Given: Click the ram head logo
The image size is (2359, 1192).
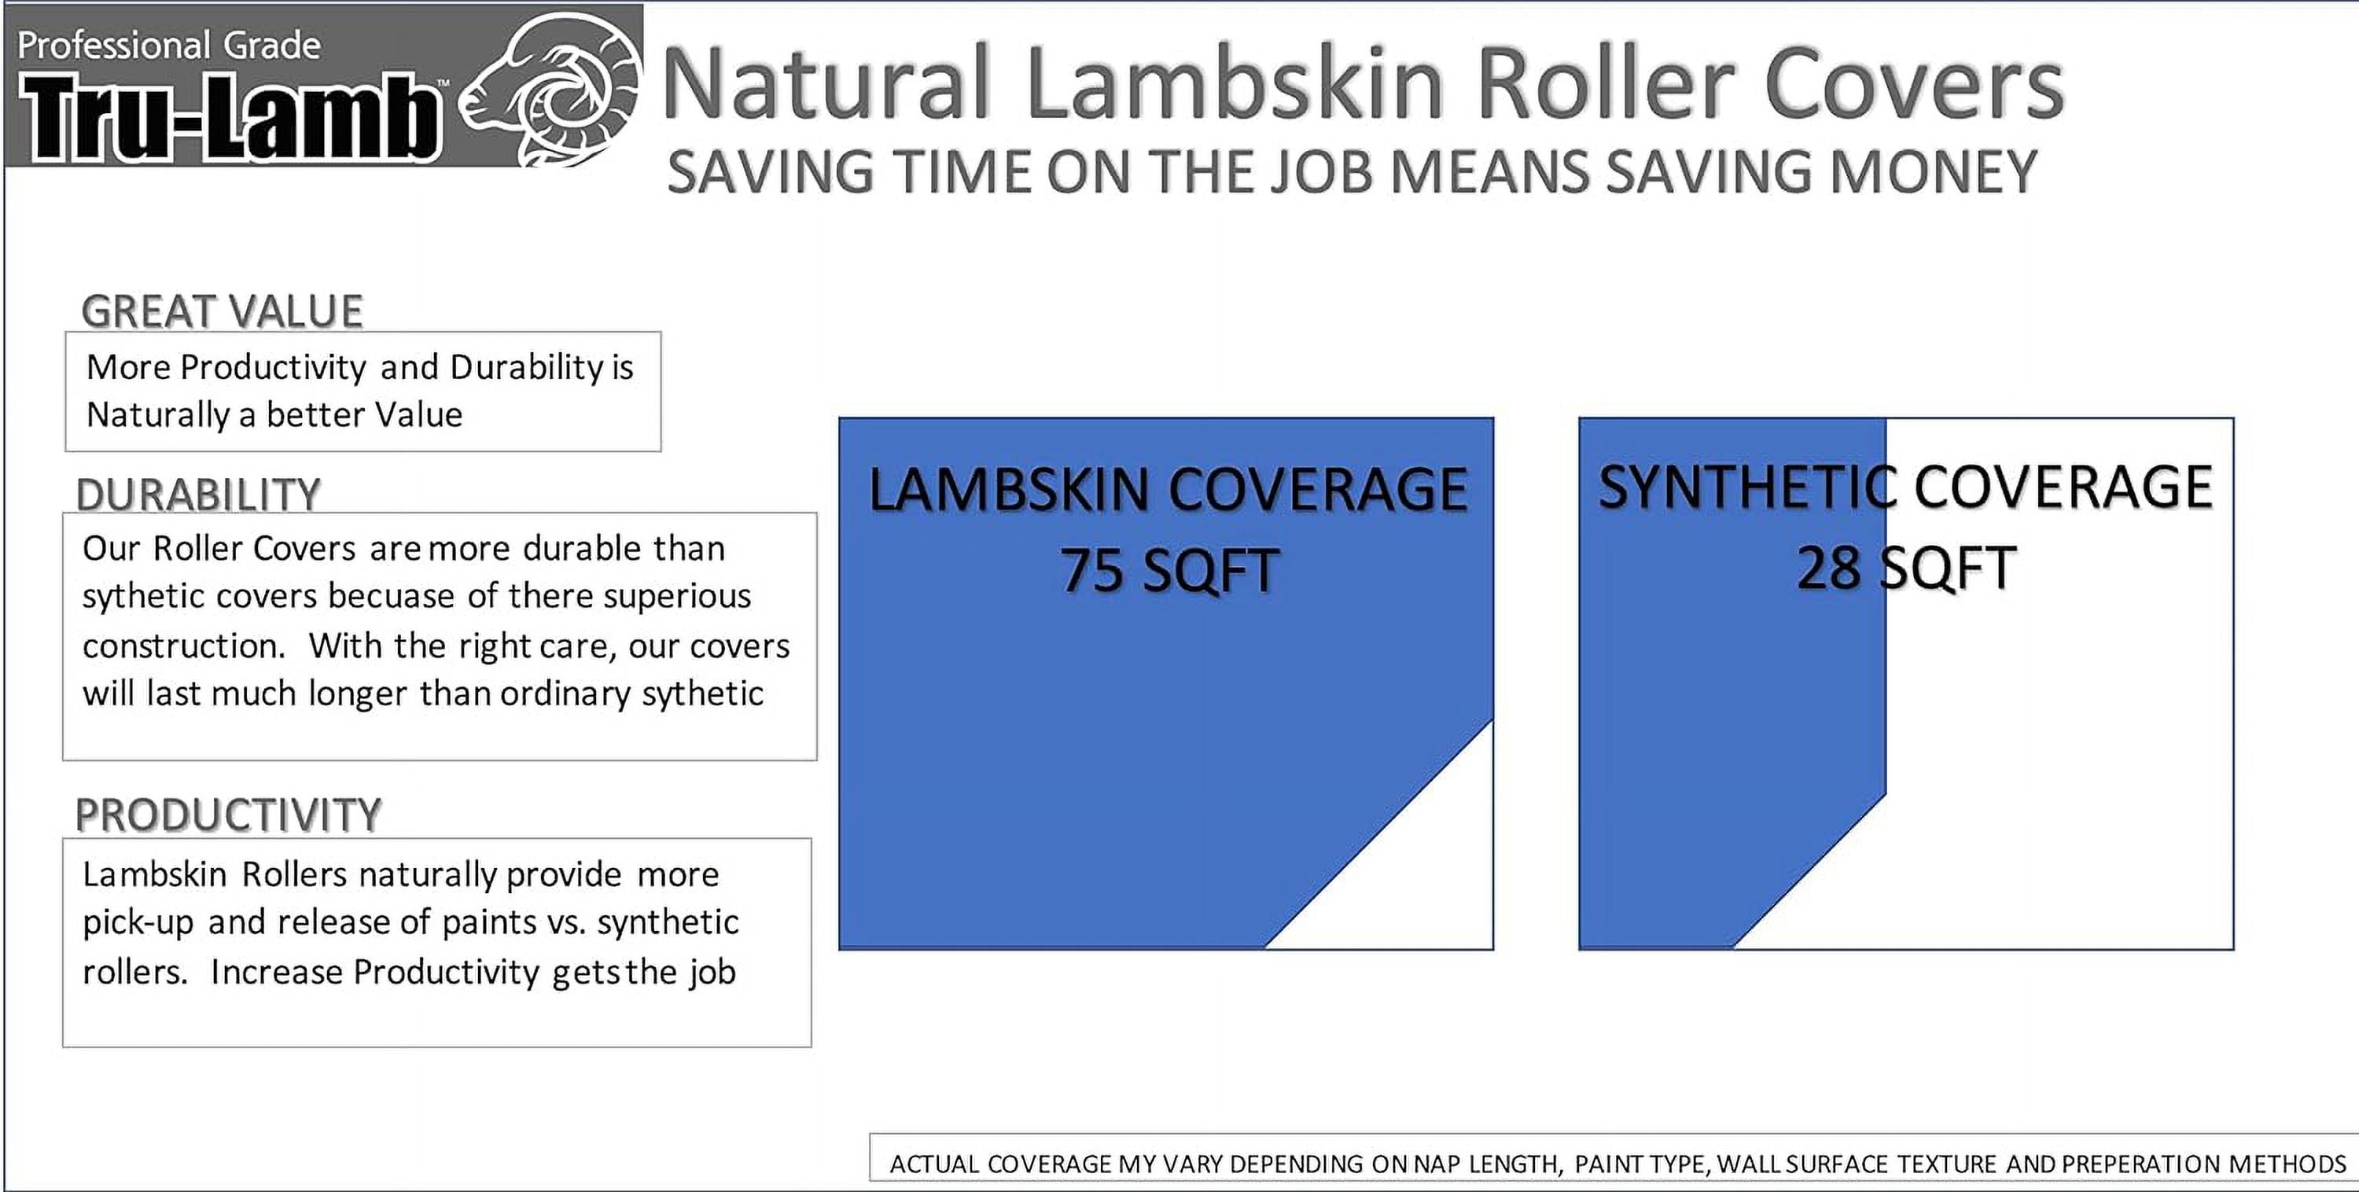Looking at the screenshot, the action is (x=550, y=90).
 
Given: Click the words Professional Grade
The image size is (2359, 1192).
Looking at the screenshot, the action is (x=169, y=46).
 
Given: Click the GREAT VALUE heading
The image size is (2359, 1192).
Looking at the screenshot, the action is (x=223, y=311).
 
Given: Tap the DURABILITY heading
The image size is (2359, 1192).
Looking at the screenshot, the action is (x=199, y=495).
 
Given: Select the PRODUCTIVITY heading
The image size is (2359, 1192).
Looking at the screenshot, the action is (x=228, y=815).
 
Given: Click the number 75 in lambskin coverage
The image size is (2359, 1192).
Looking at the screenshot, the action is (x=1091, y=570).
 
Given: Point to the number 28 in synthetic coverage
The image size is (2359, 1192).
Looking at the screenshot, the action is (x=1828, y=568).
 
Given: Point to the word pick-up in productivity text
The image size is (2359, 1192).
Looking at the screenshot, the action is (x=138, y=923).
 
